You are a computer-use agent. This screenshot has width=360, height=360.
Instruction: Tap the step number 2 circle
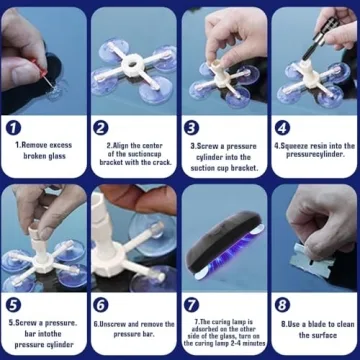pyautogui.click(x=101, y=127)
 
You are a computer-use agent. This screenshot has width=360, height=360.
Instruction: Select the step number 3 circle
pyautogui.click(x=192, y=127)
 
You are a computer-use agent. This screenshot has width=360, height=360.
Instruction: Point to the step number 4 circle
pyautogui.click(x=283, y=127)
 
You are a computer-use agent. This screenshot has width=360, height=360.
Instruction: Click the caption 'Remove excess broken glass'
pyautogui.click(x=45, y=149)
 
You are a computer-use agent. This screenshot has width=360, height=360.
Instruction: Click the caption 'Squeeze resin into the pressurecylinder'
pyautogui.click(x=315, y=149)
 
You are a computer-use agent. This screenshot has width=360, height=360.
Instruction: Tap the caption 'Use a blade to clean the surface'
pyautogui.click(x=315, y=328)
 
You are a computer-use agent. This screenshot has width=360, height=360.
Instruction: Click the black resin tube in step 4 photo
pyautogui.click(x=318, y=35)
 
